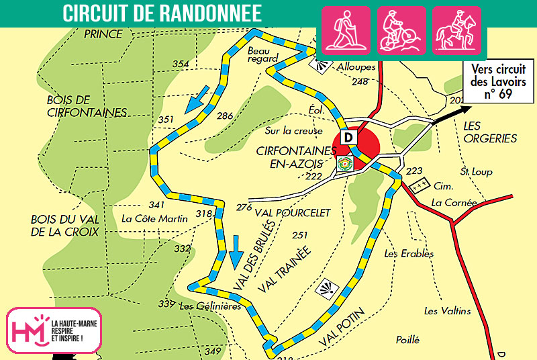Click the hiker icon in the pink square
(x=347, y=30)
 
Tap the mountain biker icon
(x=401, y=30)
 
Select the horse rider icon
(x=456, y=30)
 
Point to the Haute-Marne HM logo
(x=54, y=330)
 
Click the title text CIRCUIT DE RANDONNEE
(x=162, y=13)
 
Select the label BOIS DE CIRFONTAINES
(x=87, y=106)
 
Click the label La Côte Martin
(x=154, y=218)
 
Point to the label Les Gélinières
(x=210, y=306)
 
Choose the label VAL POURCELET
(x=293, y=212)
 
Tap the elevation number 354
(x=181, y=64)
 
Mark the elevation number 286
(x=225, y=116)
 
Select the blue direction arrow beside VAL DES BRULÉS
(x=235, y=252)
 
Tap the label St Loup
(x=476, y=172)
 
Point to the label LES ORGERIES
(x=490, y=132)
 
